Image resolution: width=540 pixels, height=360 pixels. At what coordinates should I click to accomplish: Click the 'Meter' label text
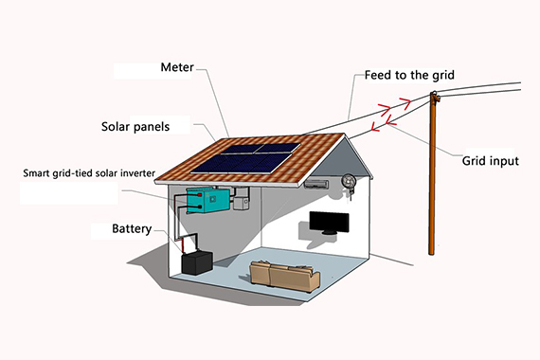pyautogui.click(x=177, y=68)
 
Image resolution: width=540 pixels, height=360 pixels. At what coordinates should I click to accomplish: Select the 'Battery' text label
pyautogui.click(x=132, y=228)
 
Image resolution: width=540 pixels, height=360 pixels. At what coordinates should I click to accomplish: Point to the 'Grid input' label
pyautogui.click(x=490, y=160)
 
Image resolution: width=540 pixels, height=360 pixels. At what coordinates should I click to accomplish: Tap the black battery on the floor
pyautogui.click(x=197, y=261)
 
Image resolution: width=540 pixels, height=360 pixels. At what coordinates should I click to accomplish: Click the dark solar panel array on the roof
pyautogui.click(x=245, y=156)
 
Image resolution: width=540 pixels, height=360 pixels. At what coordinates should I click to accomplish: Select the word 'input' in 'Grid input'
pyautogui.click(x=503, y=161)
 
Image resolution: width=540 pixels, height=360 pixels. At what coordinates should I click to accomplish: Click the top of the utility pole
pyautogui.click(x=435, y=96)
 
